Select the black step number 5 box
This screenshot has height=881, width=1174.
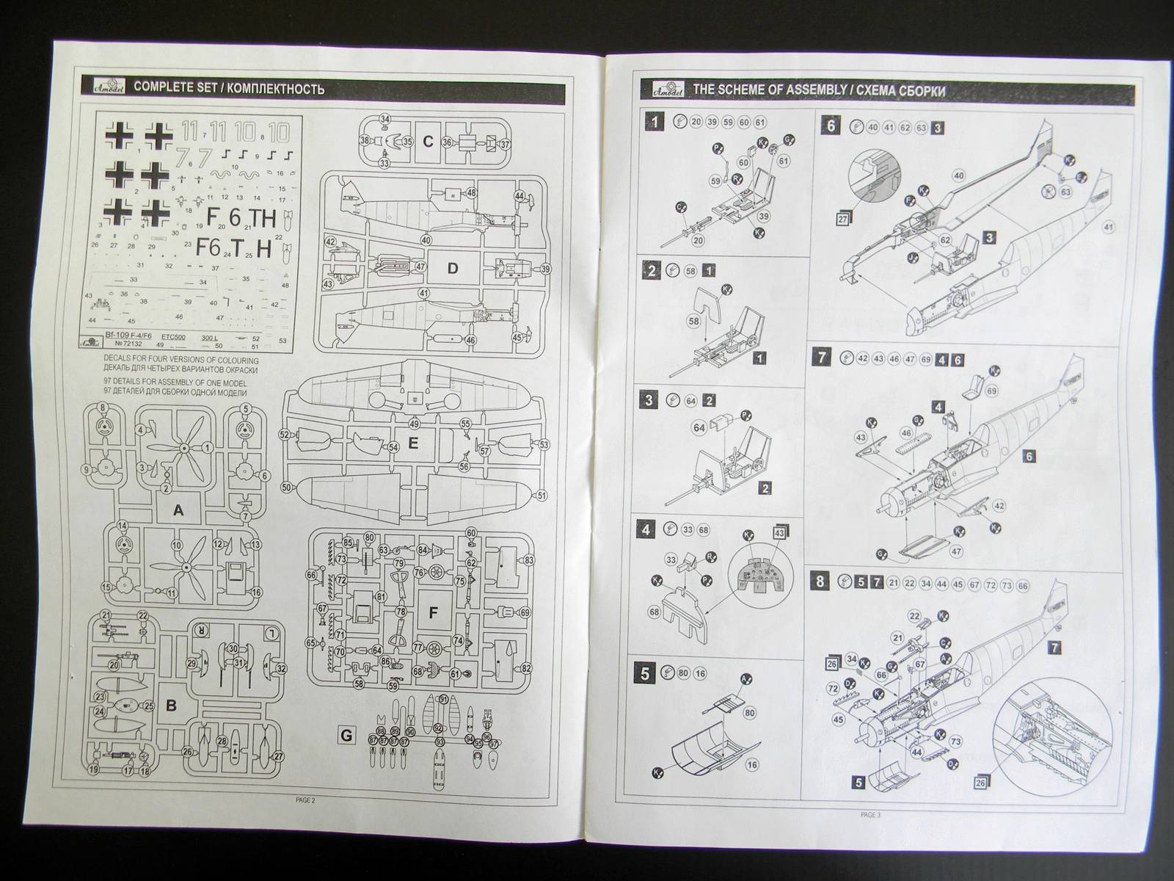(x=645, y=672)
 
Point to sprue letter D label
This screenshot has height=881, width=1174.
(x=452, y=269)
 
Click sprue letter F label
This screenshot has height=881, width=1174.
(x=431, y=611)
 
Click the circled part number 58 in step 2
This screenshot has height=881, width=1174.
(x=694, y=321)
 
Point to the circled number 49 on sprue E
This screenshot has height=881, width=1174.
(x=415, y=424)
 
